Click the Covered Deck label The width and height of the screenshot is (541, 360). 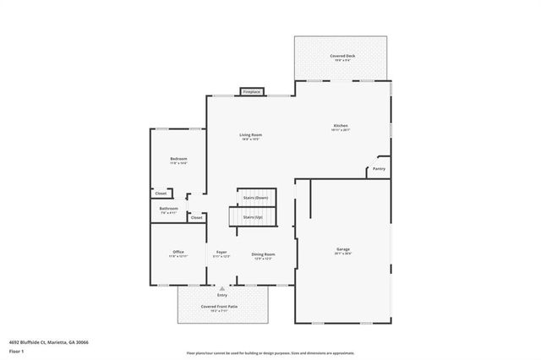(x=342, y=56)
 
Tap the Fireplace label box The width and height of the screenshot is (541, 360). (x=252, y=91)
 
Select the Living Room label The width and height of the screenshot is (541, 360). (x=250, y=135)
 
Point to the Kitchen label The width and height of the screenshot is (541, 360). (x=340, y=127)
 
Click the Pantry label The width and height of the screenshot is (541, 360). (x=379, y=169)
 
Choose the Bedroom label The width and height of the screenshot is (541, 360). (x=178, y=159)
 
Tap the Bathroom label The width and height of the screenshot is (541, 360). (x=169, y=209)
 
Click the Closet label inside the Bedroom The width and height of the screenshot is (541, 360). (x=161, y=194)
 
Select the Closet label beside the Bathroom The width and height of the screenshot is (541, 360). (x=196, y=218)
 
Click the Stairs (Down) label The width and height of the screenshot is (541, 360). (x=255, y=198)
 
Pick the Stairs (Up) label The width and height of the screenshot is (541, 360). (x=254, y=217)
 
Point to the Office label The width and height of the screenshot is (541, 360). (x=178, y=252)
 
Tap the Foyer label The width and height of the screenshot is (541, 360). (x=221, y=253)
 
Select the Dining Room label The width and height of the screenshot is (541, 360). (x=263, y=254)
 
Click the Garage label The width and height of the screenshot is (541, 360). (x=343, y=249)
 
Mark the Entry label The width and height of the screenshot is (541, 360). (x=222, y=295)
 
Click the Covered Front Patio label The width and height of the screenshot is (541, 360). (x=221, y=307)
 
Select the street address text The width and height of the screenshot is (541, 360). (x=48, y=342)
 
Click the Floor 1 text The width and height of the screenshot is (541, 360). (x=17, y=350)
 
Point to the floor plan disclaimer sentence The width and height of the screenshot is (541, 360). (x=270, y=353)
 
